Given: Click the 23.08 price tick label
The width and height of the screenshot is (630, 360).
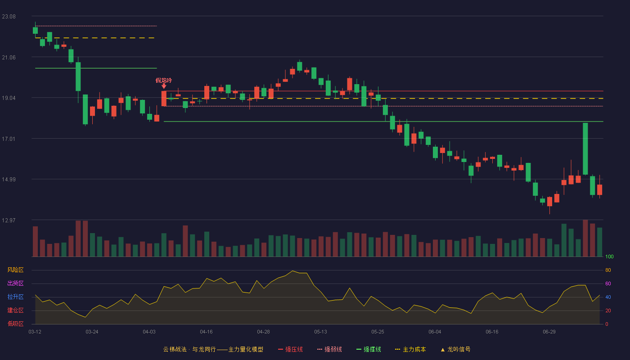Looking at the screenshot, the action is (x=9, y=17).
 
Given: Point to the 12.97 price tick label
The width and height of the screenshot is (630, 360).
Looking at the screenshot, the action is (x=9, y=220).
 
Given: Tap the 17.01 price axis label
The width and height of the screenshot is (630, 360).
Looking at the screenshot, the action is (x=9, y=139).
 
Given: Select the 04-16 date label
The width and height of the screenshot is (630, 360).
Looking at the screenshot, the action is (x=206, y=332).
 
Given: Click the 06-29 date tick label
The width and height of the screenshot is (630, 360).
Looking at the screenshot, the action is (x=549, y=332).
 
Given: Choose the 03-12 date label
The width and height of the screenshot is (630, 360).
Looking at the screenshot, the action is (x=35, y=332).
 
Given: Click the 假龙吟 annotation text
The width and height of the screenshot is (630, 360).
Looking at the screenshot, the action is (x=164, y=81).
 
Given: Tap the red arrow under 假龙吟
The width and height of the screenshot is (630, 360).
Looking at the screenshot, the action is (x=164, y=86).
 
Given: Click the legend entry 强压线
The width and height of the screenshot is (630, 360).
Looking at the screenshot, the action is (x=291, y=349).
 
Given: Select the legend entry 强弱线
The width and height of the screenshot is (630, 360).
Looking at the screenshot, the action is (x=329, y=349).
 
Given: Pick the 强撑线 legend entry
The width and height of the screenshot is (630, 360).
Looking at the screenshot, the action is (x=369, y=349).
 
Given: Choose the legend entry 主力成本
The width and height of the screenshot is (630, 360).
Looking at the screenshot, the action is (x=410, y=349).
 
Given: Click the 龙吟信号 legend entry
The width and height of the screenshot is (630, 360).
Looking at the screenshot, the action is (x=455, y=349).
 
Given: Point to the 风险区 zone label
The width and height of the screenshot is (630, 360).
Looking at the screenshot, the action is (x=15, y=270).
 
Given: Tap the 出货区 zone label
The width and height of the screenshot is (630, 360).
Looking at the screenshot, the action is (x=15, y=283).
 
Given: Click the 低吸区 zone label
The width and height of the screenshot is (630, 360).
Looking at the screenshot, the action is (x=15, y=324).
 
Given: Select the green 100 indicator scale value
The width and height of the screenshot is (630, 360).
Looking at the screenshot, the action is (x=609, y=256).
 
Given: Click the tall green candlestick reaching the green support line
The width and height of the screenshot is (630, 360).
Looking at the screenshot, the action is (x=585, y=149).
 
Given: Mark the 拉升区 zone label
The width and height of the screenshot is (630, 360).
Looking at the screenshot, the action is (x=15, y=297).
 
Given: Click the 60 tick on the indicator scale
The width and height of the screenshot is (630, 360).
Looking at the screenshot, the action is (x=608, y=283).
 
